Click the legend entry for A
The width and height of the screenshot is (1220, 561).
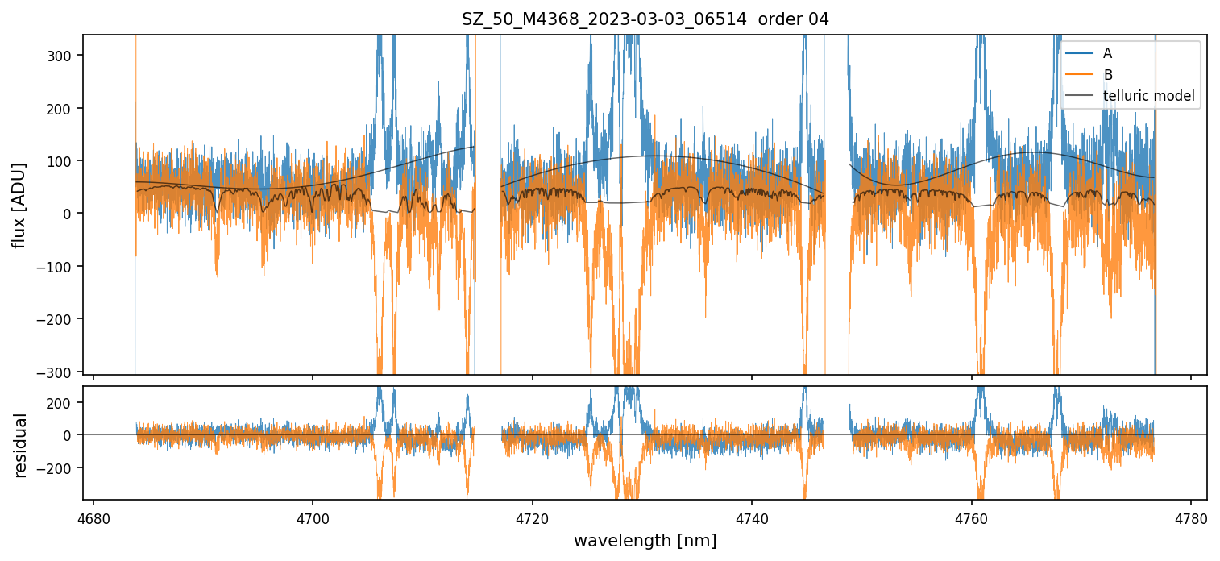(x=1107, y=53)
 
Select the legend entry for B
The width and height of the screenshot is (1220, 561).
(x=1107, y=75)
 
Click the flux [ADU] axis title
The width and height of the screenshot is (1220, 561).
(x=18, y=205)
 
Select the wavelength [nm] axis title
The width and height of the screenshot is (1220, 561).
(x=645, y=541)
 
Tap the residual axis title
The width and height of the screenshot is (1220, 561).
(x=20, y=445)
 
